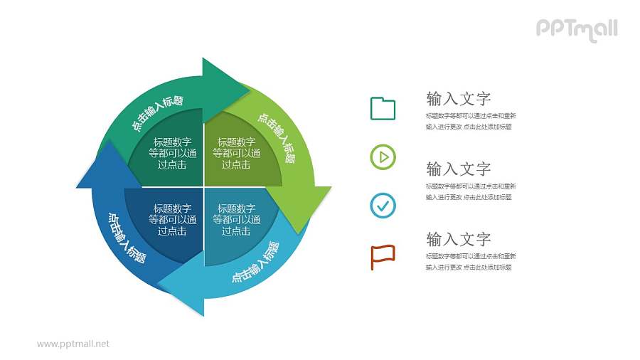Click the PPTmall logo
576,29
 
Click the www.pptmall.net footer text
73,344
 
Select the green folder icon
383,108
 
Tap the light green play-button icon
383,157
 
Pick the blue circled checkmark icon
383,206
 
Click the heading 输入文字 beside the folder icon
458,98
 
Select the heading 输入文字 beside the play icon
458,169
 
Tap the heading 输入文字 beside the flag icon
458,239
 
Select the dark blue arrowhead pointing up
100,168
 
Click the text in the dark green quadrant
171,153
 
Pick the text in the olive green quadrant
236,153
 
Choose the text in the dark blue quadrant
171,220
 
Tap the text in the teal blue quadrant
236,220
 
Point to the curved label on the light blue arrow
256,263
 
